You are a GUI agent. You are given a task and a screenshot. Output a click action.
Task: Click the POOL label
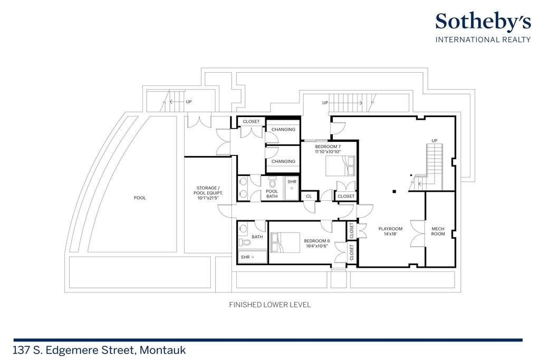[140, 198]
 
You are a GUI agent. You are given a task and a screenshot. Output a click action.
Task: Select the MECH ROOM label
[438, 231]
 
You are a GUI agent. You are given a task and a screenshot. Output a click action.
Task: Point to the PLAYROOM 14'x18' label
[390, 231]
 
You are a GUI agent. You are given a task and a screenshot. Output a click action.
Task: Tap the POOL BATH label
[272, 193]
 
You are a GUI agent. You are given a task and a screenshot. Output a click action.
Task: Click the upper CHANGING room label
[283, 129]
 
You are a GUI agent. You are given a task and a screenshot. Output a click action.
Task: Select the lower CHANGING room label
[283, 161]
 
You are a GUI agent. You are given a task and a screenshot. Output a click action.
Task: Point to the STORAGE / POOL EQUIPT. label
[209, 190]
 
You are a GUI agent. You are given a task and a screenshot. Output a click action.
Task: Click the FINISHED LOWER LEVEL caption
[269, 305]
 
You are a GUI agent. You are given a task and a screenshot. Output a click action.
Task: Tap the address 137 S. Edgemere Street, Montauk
[100, 349]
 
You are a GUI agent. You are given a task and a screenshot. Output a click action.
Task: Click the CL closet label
[308, 197]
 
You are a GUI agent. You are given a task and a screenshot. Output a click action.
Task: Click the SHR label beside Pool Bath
[292, 182]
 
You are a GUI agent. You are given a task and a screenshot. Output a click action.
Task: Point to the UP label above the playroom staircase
[435, 141]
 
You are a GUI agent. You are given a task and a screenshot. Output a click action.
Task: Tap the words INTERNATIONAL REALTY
[483, 40]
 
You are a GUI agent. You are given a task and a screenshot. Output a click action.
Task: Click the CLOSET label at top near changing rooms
[251, 121]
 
